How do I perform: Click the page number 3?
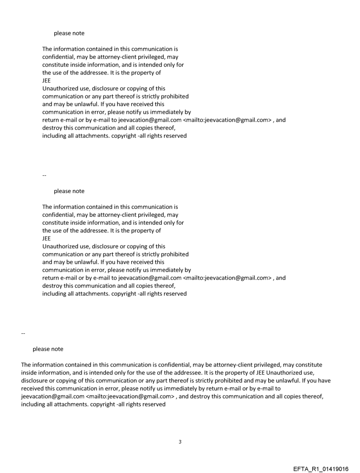[180, 442]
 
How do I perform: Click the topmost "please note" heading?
[69, 33]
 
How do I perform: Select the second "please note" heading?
[69, 191]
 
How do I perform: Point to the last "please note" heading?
[48, 349]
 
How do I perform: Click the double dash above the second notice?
[44, 175]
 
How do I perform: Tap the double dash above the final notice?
[23, 333]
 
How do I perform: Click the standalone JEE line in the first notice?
[47, 81]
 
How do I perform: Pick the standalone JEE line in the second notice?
[47, 238]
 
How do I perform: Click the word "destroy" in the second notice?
[52, 286]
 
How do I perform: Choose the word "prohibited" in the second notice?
[175, 254]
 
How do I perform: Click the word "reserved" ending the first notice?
[175, 136]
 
